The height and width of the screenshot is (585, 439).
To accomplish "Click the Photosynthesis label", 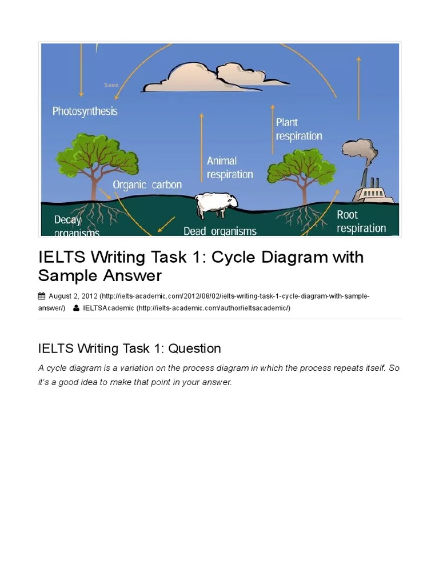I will point(85,111).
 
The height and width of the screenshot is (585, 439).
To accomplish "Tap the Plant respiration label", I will point(299,129).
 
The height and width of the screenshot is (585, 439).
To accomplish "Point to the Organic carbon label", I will point(147,185).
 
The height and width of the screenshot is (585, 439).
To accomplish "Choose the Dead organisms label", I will point(220,231).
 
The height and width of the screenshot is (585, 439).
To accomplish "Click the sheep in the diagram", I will point(215,205).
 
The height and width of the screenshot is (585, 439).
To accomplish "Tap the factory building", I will point(373,191).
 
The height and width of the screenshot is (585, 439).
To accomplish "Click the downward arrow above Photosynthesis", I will point(82,71).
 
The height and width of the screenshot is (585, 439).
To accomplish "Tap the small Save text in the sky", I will point(111,85).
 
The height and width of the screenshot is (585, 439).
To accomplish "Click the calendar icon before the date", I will point(42,296).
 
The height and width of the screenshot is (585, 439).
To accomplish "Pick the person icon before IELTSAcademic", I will point(76,308).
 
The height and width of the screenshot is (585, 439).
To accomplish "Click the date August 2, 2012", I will point(73,296).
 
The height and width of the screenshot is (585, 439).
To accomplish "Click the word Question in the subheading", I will point(193,348).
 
